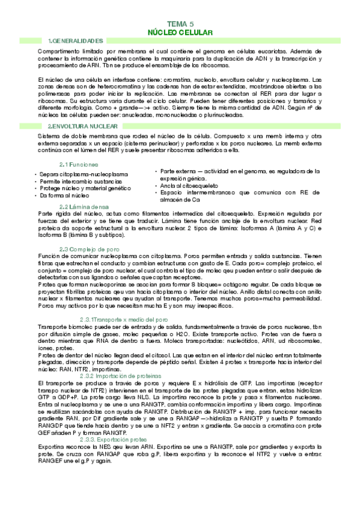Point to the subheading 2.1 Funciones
tap(79, 164)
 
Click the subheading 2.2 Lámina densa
tap(84, 206)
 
